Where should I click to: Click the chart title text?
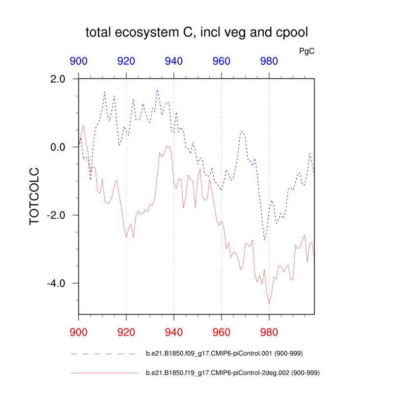click(196, 33)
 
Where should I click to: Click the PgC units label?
click(307, 51)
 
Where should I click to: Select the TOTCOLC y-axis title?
click(34, 196)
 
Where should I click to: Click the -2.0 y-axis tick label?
click(60, 215)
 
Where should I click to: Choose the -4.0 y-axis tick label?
click(60, 283)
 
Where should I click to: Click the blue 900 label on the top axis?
click(79, 61)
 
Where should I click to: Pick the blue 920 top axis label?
click(126, 61)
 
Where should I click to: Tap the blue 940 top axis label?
click(174, 61)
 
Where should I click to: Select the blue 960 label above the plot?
click(221, 61)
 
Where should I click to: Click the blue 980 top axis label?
click(269, 61)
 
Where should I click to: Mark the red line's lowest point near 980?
click(269, 304)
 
